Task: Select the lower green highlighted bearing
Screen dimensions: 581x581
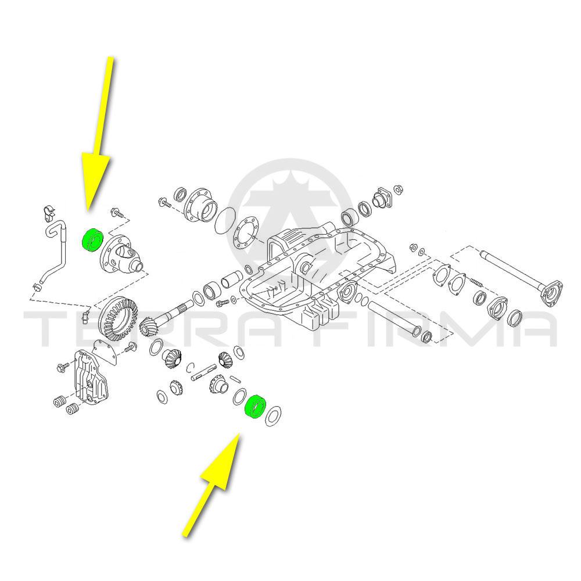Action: click(x=255, y=407)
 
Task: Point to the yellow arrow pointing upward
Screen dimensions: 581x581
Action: click(x=211, y=485)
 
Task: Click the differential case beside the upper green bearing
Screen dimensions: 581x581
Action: click(x=122, y=255)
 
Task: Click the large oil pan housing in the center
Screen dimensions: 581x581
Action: click(x=318, y=275)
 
